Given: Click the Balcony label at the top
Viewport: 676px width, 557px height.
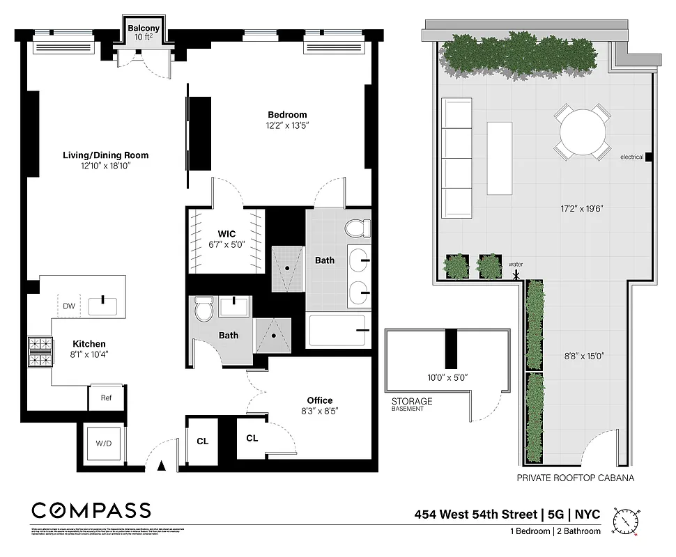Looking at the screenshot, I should point(144,29).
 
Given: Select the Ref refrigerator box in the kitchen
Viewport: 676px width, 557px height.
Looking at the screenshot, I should point(107,399).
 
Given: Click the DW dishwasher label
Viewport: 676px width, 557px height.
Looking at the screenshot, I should point(68,306).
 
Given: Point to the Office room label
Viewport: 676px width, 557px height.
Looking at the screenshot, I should point(320,400).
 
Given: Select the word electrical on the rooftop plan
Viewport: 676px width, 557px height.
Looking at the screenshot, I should point(631,157).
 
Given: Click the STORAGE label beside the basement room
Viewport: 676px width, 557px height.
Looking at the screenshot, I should point(412,401).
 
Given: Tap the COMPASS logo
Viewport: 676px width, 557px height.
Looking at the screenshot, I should point(91,510).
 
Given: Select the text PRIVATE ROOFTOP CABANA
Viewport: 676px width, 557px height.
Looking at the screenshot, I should point(575,479).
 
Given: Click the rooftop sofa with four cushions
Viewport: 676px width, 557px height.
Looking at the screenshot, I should point(457,159).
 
